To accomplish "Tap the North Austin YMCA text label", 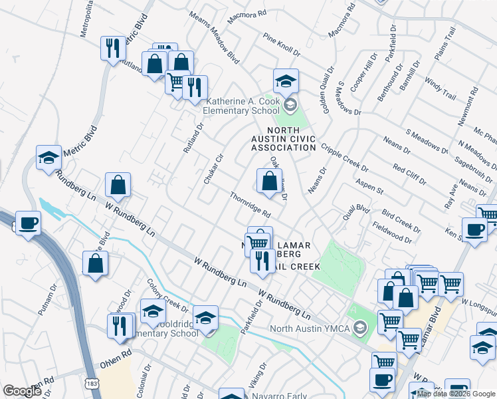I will tap(310, 328).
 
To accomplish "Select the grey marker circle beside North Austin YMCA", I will tap(359, 328).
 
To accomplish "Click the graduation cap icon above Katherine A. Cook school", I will tap(286, 81).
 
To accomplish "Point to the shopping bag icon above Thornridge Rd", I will tap(268, 181).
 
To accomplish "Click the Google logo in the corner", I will tap(22, 391).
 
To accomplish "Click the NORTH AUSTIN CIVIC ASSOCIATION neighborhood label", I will tap(290, 138).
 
